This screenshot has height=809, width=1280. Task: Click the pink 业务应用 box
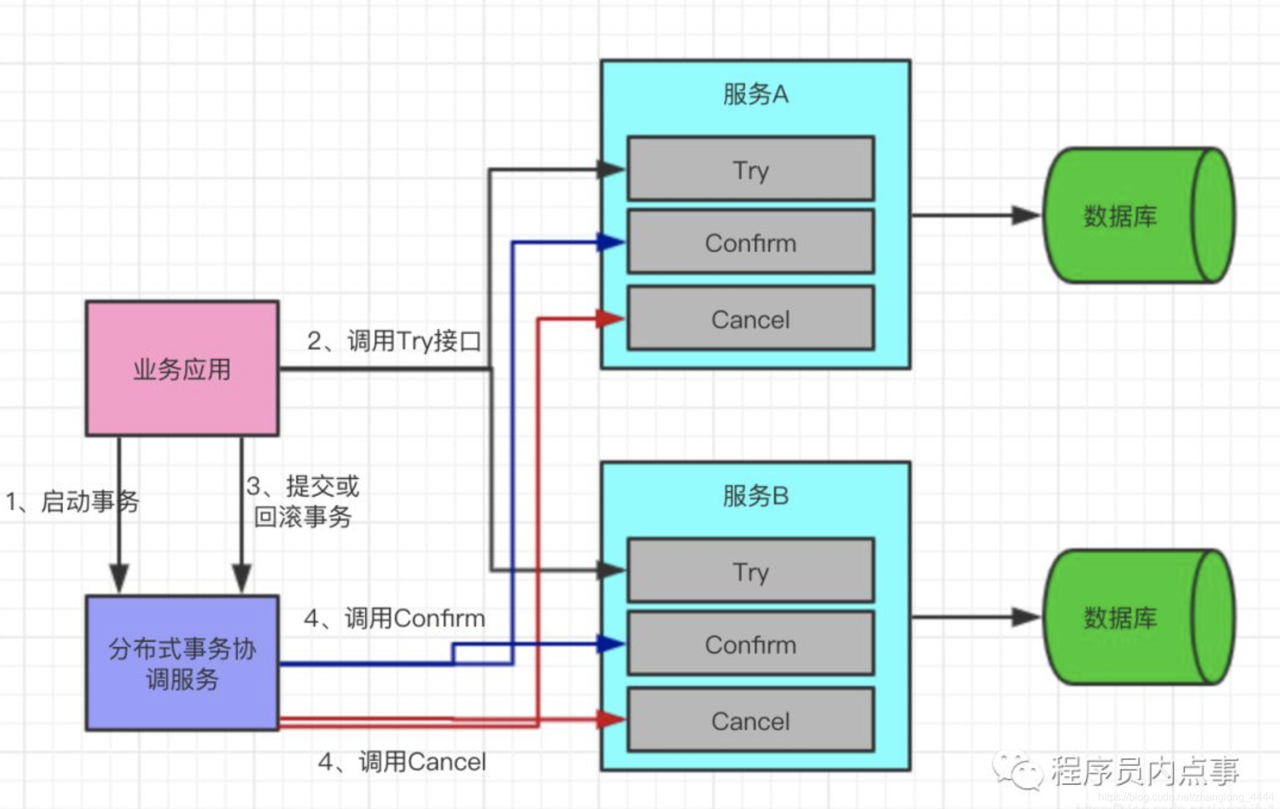182,369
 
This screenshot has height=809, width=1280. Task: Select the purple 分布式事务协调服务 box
182,662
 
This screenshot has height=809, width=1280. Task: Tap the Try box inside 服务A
750,169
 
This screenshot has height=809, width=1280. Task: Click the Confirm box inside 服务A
750,242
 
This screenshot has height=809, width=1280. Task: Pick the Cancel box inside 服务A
750,318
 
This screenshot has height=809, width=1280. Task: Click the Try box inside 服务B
750,571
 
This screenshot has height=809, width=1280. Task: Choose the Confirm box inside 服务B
750,644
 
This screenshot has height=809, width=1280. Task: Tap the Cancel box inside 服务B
750,720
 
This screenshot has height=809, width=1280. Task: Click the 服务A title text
755,94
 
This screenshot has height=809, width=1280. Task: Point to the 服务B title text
755,495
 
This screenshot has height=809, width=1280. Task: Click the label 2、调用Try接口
393,341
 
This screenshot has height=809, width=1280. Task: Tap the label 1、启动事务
72,501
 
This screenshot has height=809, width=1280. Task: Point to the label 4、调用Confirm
394,618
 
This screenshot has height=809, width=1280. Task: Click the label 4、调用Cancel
401,761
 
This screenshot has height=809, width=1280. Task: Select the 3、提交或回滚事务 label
303,501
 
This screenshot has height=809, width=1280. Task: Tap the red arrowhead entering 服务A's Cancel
609,318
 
